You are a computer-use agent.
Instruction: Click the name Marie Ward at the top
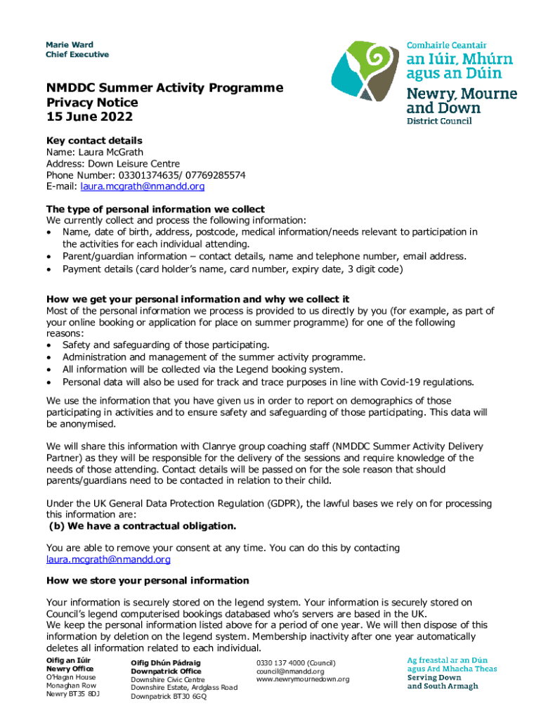(x=70, y=45)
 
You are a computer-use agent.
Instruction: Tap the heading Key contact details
(x=94, y=141)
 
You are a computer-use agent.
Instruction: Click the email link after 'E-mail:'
(x=143, y=186)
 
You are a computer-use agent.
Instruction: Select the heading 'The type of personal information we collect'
(x=155, y=209)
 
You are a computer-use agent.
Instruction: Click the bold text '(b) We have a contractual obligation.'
(x=141, y=526)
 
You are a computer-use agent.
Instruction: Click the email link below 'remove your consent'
(x=108, y=560)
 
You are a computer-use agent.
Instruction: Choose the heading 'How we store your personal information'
(x=148, y=580)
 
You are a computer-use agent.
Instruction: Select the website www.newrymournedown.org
(x=303, y=679)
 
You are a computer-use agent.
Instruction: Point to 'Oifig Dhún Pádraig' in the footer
(x=166, y=662)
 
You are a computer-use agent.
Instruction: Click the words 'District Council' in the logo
(x=440, y=120)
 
